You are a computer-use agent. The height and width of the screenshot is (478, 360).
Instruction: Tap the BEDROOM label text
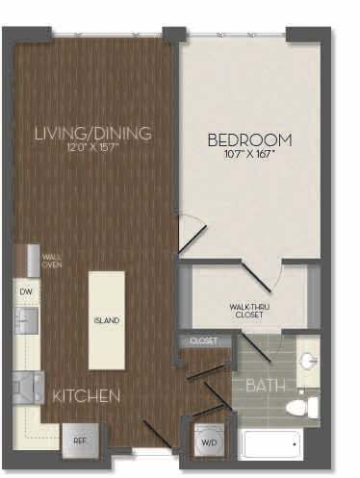(249, 139)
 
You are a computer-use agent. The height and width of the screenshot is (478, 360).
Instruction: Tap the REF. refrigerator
(79, 441)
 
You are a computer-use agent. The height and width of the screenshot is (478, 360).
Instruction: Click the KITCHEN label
(87, 396)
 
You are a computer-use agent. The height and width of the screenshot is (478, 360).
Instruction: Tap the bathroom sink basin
(307, 361)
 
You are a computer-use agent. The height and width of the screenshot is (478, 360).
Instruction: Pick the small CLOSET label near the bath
(203, 340)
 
